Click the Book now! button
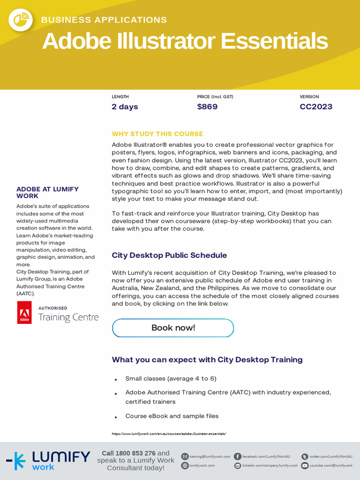coord(173,328)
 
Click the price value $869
coord(207,107)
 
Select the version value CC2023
coord(316,107)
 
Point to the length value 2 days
coord(125,107)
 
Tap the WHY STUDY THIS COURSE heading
coord(157,134)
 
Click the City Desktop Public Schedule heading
coord(169,255)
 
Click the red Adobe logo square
coord(24,313)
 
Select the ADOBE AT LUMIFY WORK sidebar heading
coord(47,192)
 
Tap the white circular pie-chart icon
coord(21,19)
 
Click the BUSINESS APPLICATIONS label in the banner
coord(104,20)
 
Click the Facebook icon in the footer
coord(238,457)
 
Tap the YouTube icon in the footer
coord(305,465)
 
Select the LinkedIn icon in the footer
coord(238,465)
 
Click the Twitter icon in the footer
coord(305,457)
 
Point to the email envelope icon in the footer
coord(185,457)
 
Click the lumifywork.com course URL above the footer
coord(169,434)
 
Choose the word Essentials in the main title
coord(274,41)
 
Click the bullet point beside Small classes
coord(116,379)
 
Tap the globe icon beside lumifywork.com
coord(185,465)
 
